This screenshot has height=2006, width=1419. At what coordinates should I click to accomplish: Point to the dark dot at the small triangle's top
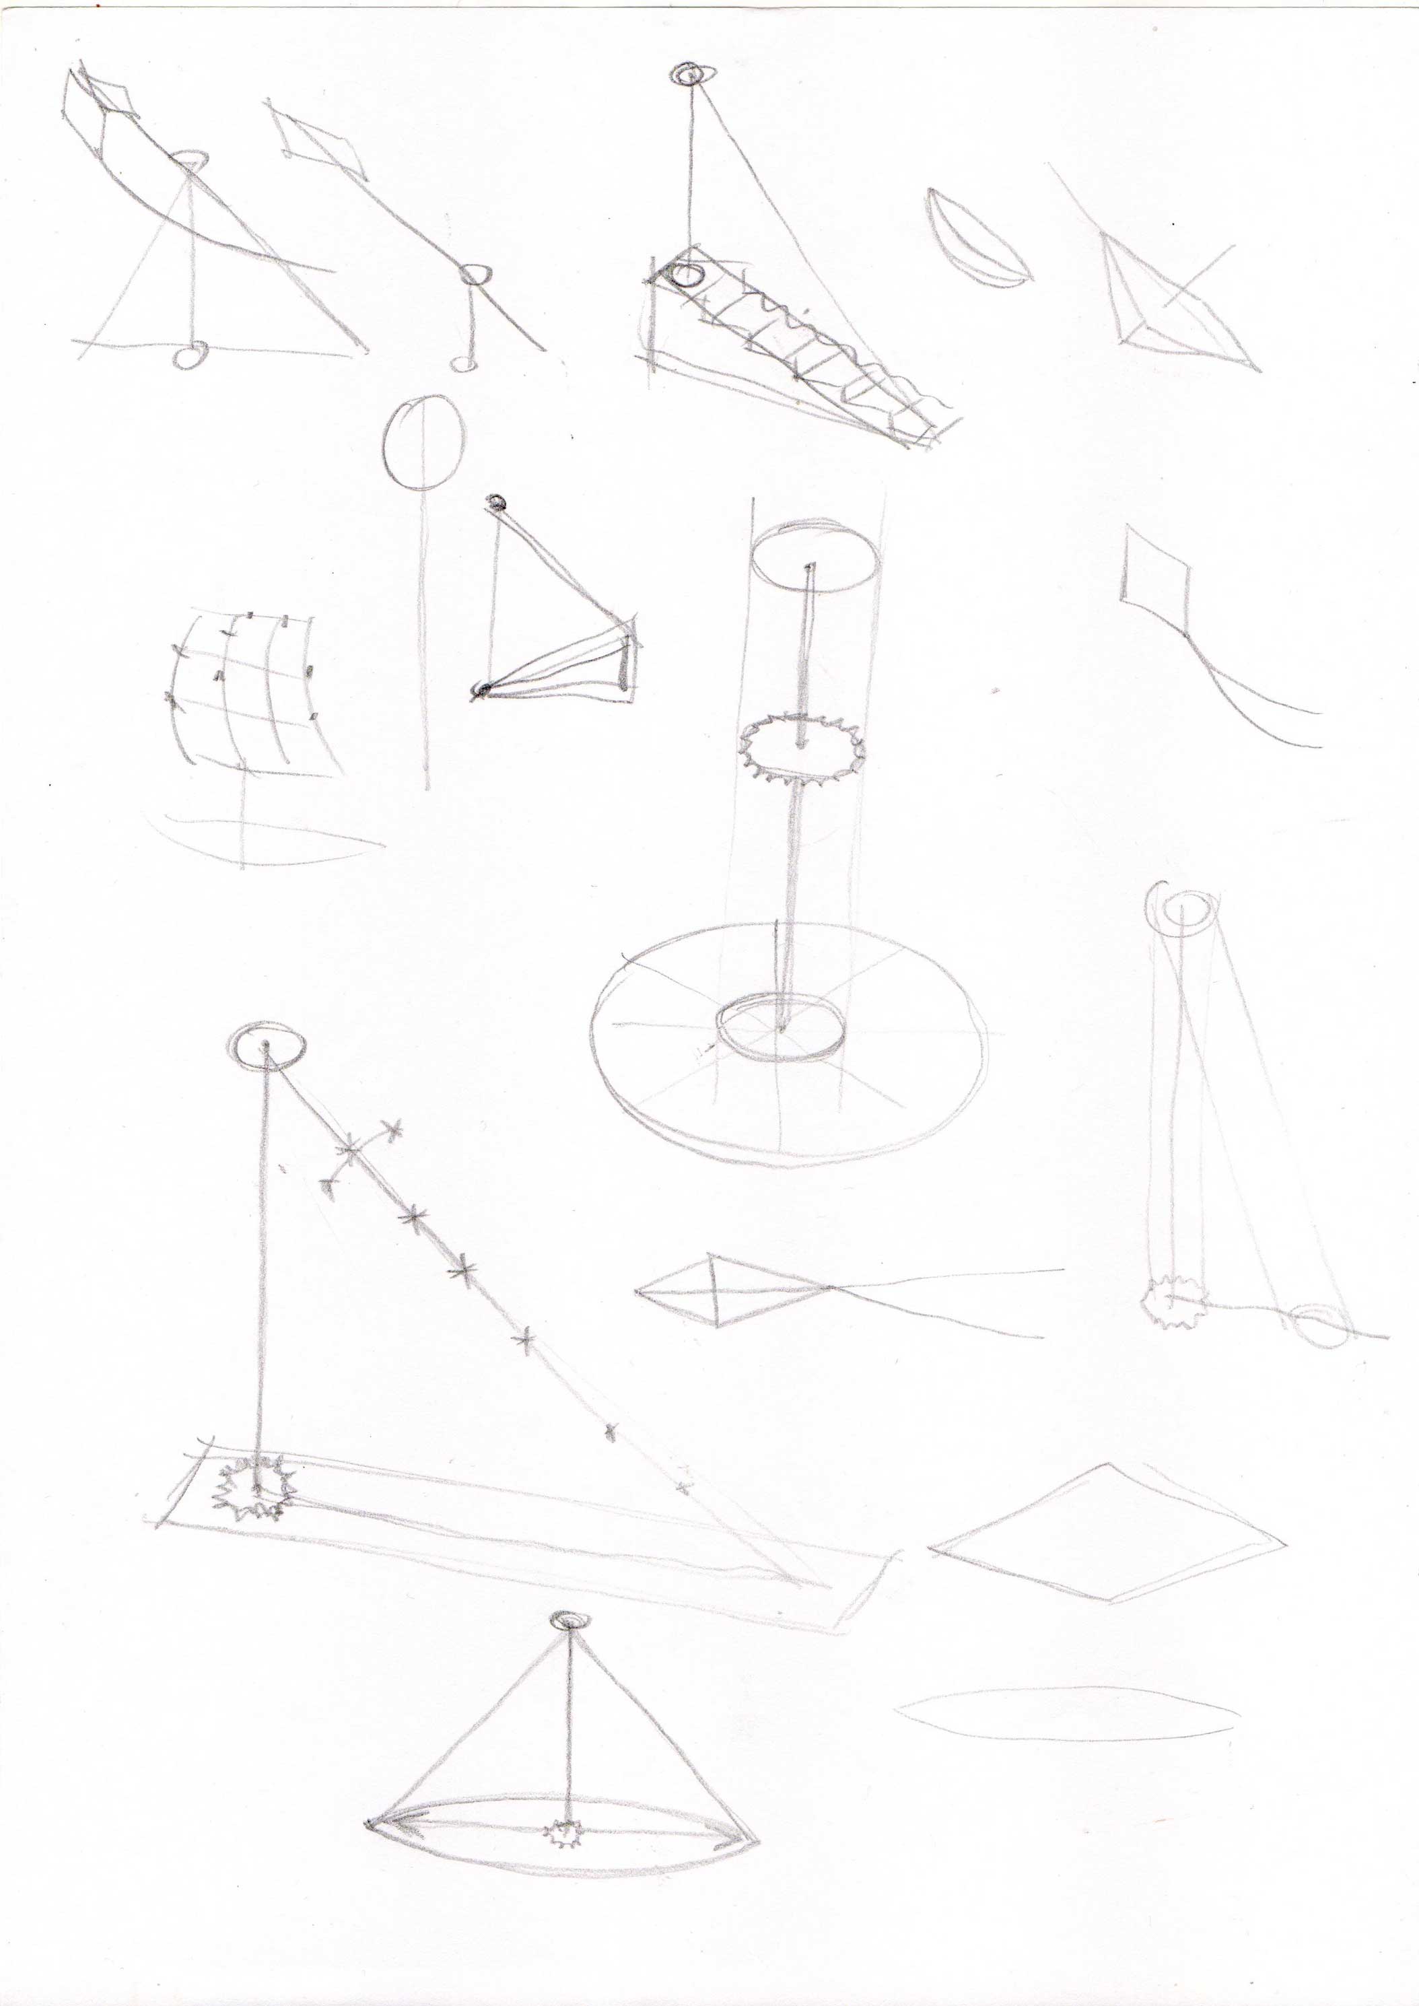pos(497,502)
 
